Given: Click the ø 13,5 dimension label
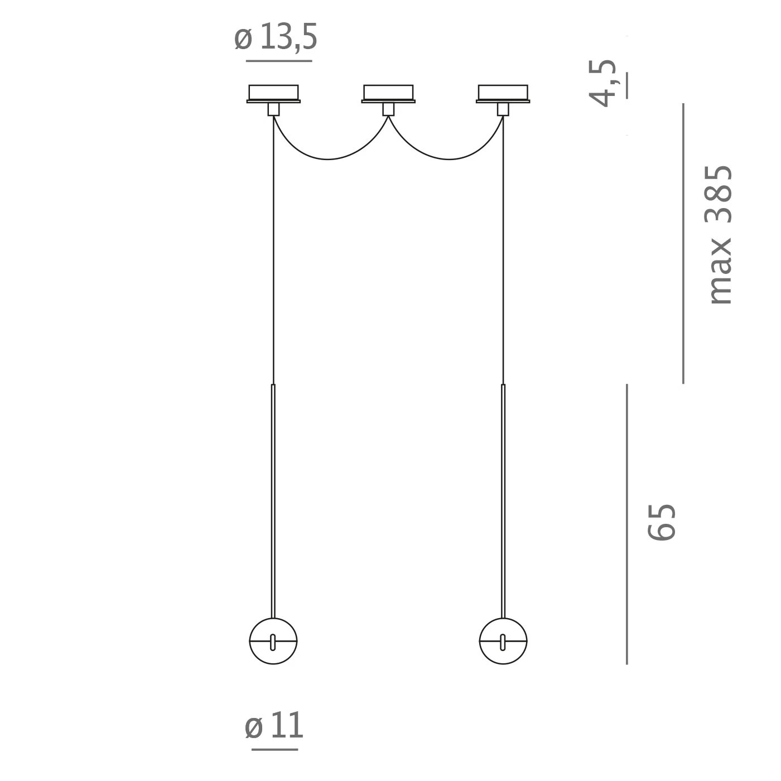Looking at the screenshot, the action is [x=276, y=37].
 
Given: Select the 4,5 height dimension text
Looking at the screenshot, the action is [x=602, y=83].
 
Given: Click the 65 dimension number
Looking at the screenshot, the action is [x=662, y=522].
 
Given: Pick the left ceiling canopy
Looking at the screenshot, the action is [x=273, y=94].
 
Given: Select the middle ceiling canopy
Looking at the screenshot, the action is [x=388, y=94].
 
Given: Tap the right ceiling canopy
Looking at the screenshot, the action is [x=503, y=94].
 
